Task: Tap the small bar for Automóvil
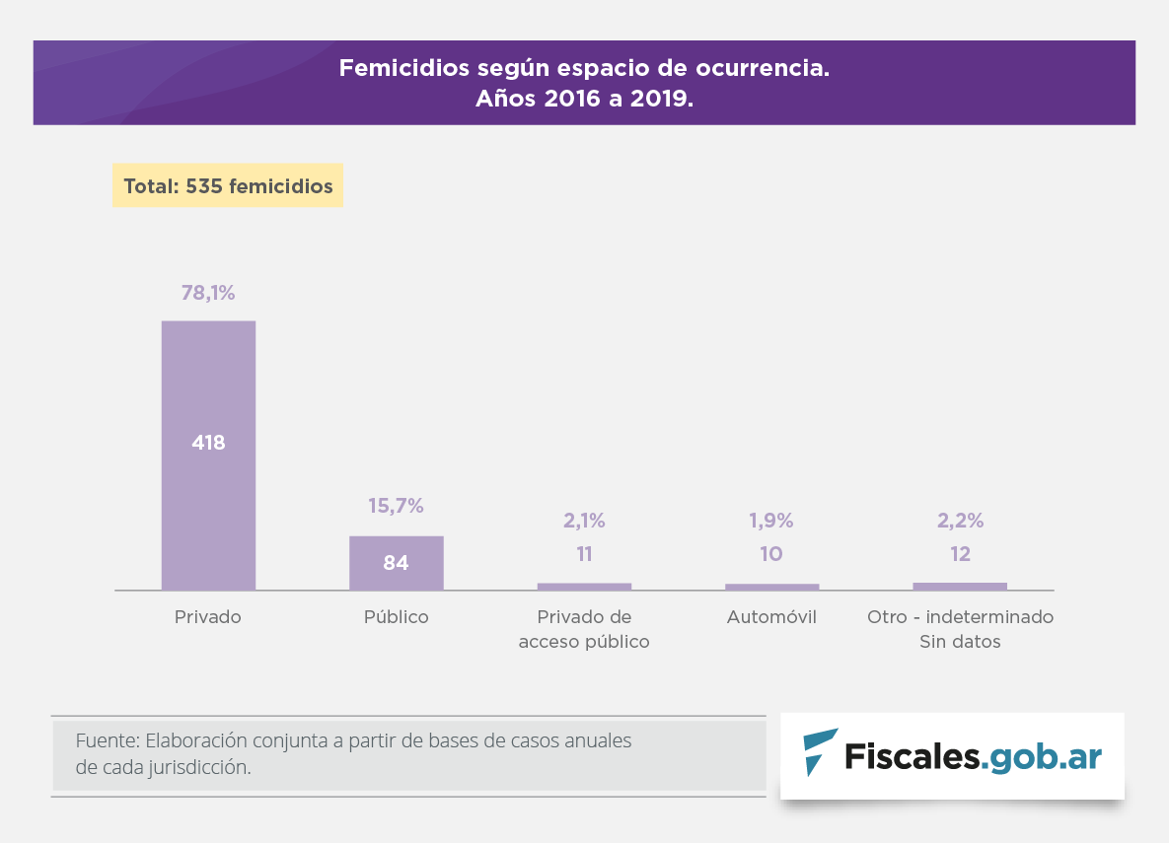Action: (x=771, y=587)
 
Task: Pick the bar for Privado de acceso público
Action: (x=584, y=587)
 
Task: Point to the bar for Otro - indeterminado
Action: (x=960, y=587)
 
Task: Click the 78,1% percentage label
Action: (x=208, y=293)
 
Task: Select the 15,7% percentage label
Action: (x=396, y=506)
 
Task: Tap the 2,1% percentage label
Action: (x=584, y=521)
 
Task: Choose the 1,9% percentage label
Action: (x=771, y=521)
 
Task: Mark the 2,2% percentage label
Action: (x=960, y=521)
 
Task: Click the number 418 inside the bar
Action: (x=208, y=444)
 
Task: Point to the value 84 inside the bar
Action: (x=396, y=564)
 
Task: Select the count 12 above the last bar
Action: (x=960, y=554)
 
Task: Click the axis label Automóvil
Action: (x=771, y=617)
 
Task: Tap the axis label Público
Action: (x=396, y=617)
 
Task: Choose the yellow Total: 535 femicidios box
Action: (x=227, y=185)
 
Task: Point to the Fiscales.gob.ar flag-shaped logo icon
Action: (x=819, y=752)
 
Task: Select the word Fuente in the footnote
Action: (x=105, y=740)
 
